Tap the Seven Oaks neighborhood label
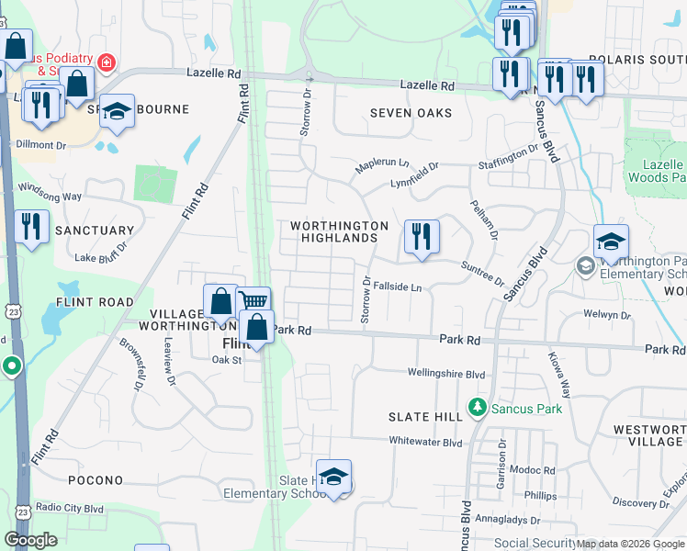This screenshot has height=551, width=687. tap(411, 113)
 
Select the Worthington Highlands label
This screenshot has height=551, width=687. tap(339, 231)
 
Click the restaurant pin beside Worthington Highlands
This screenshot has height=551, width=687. tap(422, 236)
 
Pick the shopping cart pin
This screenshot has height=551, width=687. tap(253, 301)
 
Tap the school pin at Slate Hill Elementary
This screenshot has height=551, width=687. tap(333, 476)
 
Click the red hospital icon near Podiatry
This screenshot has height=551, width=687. tap(107, 62)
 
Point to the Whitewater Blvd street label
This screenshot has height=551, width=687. tap(424, 442)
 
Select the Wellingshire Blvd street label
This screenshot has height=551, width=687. tap(446, 374)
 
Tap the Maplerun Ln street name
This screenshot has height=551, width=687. tap(382, 163)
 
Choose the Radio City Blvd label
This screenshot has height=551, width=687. tap(71, 508)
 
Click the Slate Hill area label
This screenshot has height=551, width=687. tap(425, 417)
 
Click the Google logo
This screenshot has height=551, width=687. tap(30, 540)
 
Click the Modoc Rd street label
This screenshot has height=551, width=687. tap(535, 470)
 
